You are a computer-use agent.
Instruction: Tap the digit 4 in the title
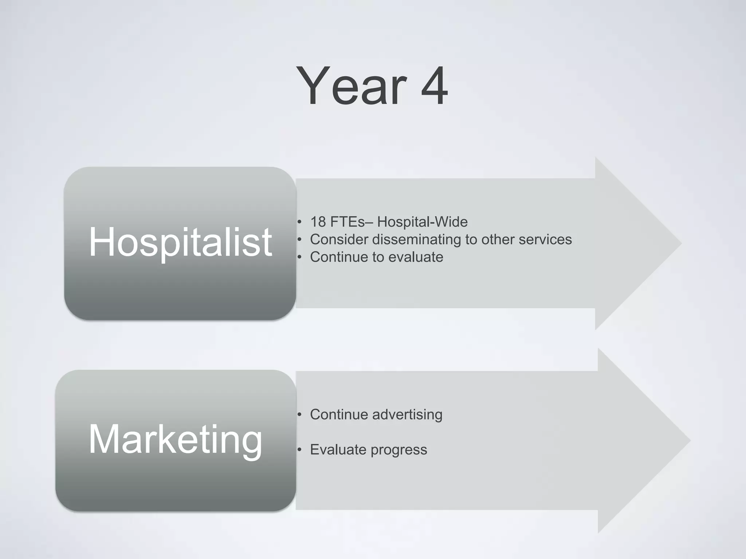434,86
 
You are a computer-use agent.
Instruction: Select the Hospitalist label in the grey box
180,242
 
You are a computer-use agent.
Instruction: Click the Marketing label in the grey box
175,439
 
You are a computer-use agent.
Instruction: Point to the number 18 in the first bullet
318,222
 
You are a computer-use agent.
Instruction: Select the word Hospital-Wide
422,222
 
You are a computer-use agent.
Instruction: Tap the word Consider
339,239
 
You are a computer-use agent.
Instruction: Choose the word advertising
407,415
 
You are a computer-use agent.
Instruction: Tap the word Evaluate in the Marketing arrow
338,450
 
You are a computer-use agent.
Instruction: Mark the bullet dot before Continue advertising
299,415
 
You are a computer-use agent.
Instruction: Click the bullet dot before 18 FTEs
299,222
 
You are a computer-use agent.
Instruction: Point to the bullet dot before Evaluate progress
299,450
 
